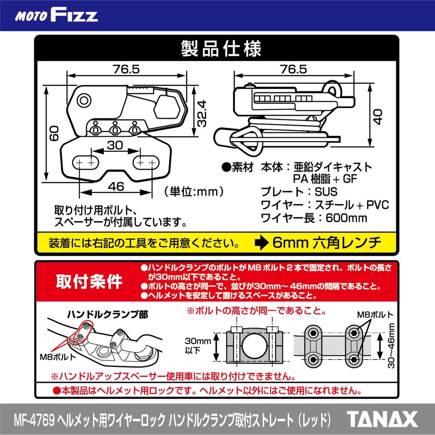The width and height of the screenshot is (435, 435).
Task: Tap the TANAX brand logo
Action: pos(382,419)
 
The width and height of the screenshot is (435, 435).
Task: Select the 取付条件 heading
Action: pos(89,281)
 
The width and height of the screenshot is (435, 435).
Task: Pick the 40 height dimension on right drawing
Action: pos(378,115)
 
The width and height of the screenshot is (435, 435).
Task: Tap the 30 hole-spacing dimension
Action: pos(115,145)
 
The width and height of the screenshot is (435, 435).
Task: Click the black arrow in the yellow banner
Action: pos(261,243)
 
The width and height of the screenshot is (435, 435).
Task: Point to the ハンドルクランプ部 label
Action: pos(108,315)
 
